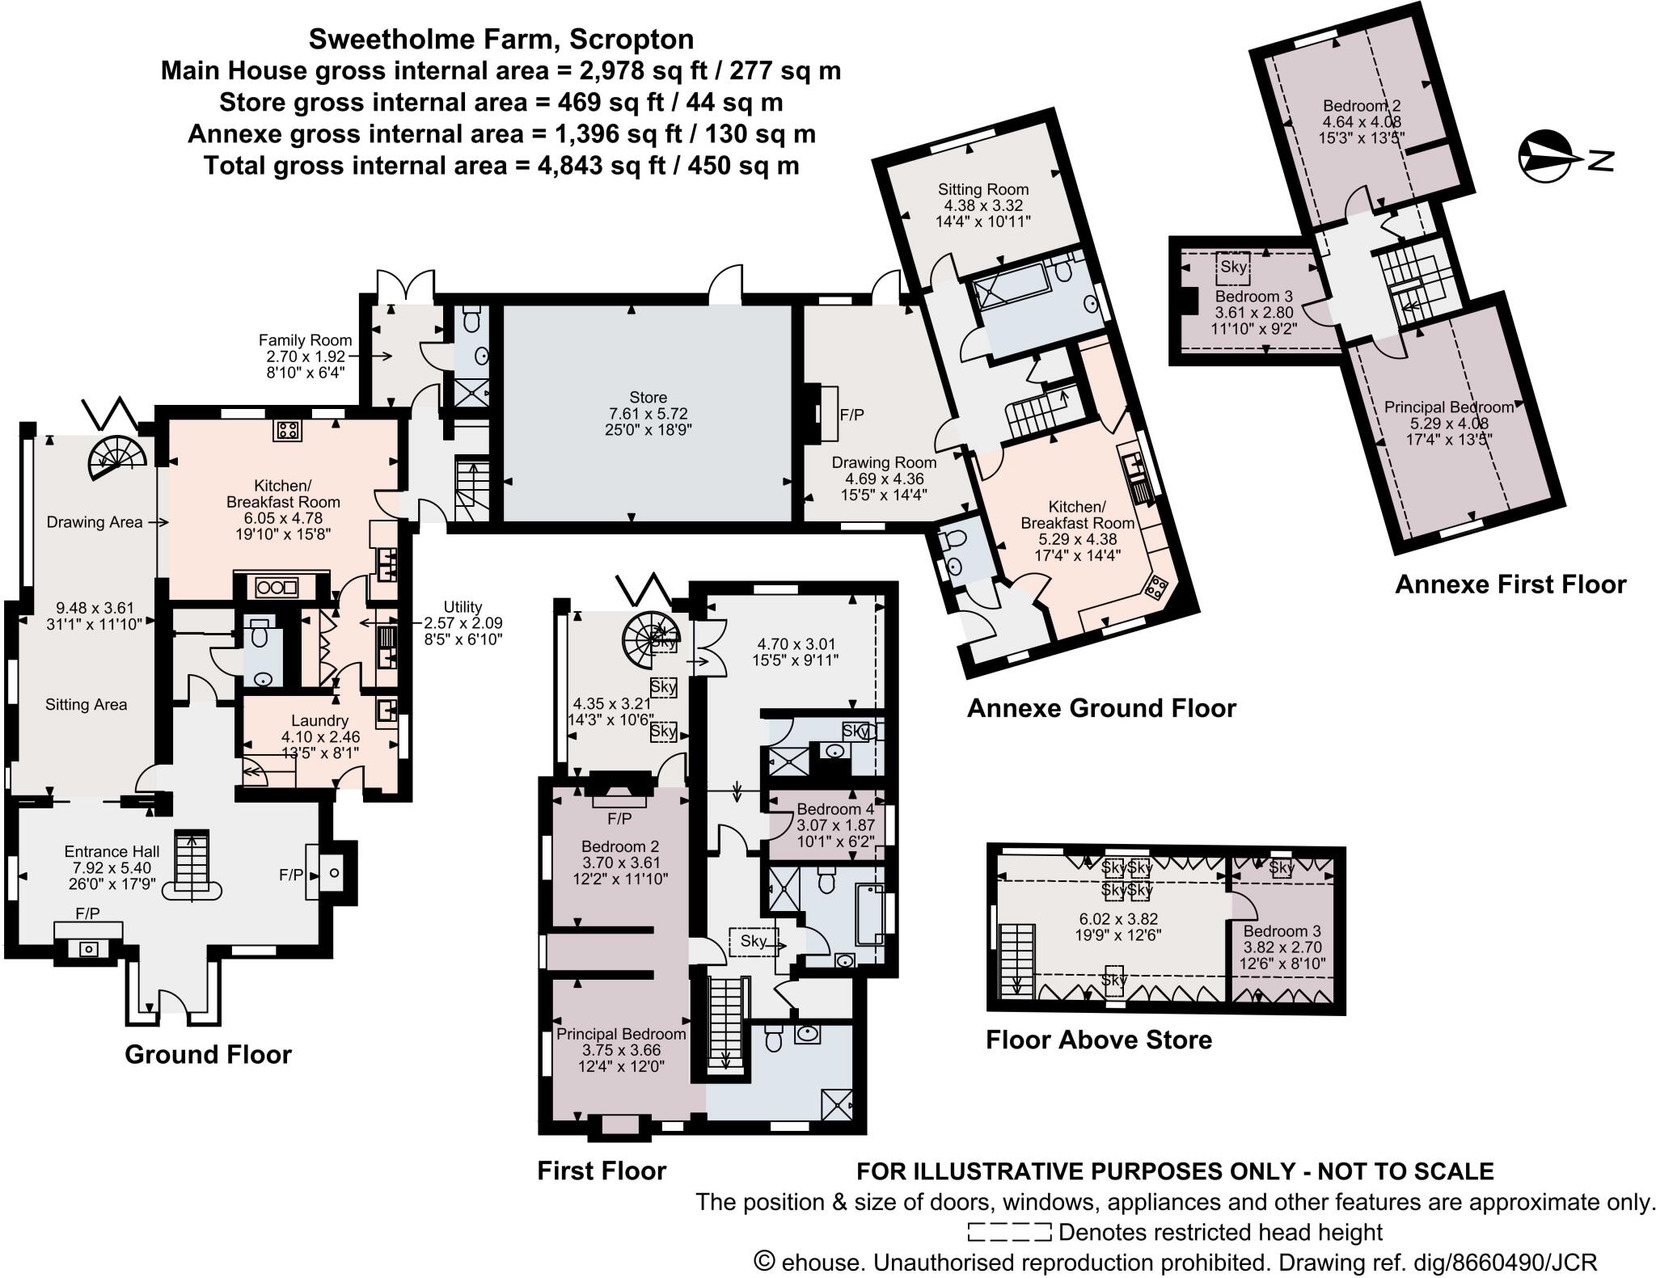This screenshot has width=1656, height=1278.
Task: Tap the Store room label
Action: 648,397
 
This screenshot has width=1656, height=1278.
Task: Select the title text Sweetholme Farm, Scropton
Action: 501,39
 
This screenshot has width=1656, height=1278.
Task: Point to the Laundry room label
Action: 320,720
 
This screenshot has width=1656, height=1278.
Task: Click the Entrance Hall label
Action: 112,851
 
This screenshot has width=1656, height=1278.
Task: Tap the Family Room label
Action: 305,340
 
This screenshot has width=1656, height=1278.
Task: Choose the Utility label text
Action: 463,606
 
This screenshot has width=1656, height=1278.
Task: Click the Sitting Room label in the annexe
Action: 983,189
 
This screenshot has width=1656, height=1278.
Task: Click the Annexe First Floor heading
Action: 1510,584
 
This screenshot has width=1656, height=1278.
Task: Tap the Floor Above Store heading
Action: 1099,1040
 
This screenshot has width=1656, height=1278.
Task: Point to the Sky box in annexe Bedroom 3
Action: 1233,268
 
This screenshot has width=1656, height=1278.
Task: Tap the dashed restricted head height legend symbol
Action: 1009,1232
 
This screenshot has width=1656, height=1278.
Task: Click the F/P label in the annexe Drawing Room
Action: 852,415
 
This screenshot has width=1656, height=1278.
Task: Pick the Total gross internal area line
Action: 501,166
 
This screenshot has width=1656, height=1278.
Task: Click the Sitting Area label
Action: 86,704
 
